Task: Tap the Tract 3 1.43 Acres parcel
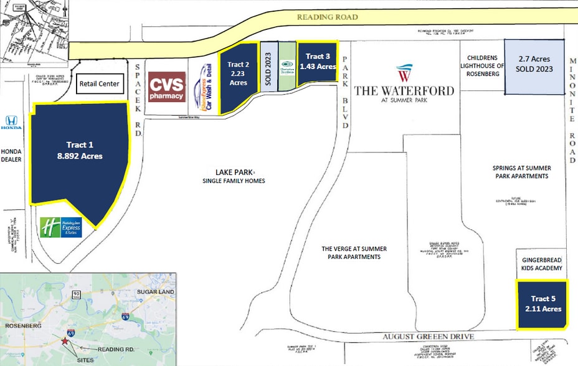[317, 62]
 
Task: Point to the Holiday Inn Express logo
[61, 227]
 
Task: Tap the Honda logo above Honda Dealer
[11, 122]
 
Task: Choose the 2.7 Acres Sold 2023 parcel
[534, 67]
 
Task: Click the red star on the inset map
[64, 340]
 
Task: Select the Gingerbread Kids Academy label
[541, 264]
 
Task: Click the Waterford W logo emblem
[404, 74]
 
